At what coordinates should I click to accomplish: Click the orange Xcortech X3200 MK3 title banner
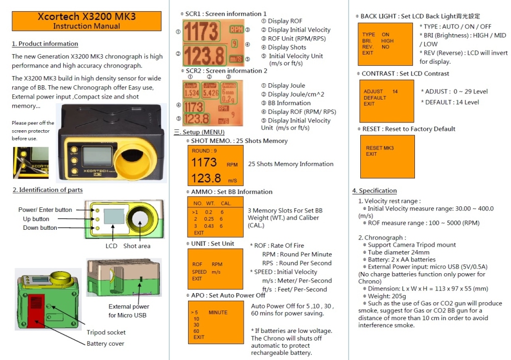[x=87, y=21]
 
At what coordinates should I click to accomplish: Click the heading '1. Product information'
[x=45, y=44]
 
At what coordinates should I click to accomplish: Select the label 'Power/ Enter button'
[x=45, y=210]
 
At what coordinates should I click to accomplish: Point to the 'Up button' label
[x=34, y=219]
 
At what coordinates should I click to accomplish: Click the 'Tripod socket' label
[x=106, y=332]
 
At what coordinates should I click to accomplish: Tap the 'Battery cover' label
[x=105, y=344]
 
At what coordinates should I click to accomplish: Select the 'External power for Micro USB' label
[x=129, y=310]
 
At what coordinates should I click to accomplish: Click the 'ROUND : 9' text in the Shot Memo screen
[x=204, y=151]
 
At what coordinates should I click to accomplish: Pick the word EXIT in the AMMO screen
[x=199, y=233]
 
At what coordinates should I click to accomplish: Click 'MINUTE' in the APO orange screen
[x=218, y=312]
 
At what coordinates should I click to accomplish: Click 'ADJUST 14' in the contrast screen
[x=381, y=91]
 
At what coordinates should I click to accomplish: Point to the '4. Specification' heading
[x=374, y=191]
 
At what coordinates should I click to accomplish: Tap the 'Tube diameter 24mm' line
[x=399, y=252]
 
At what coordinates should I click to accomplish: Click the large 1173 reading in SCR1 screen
[x=200, y=32]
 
